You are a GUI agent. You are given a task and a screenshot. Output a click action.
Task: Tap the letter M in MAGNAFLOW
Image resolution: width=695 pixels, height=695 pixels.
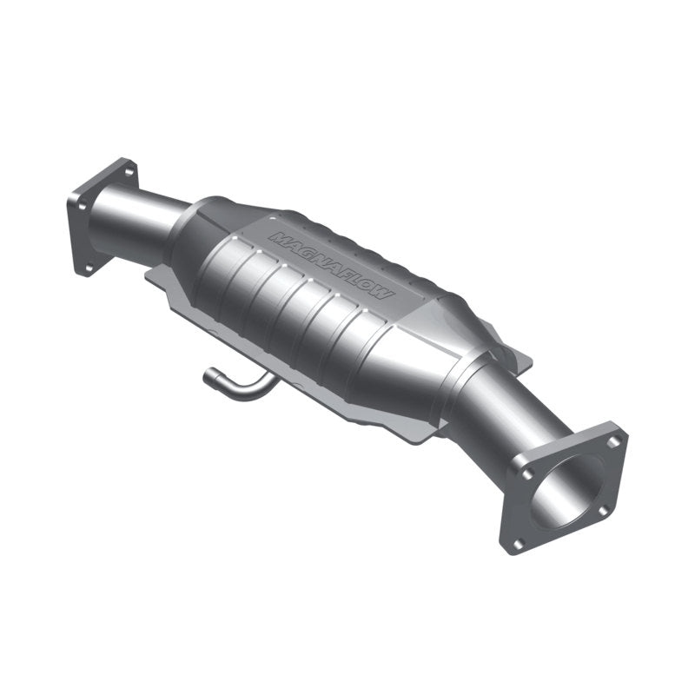[x=276, y=236]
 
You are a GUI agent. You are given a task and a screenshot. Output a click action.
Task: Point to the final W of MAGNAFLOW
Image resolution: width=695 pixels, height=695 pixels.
[x=386, y=294]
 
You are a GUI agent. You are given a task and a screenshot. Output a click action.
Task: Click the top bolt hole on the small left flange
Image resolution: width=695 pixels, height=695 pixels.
[x=129, y=171]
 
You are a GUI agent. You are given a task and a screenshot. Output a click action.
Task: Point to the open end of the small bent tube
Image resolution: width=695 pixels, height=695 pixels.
[x=209, y=376]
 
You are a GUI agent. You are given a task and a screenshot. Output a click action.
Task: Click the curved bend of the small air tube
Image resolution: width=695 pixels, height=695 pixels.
[x=252, y=388]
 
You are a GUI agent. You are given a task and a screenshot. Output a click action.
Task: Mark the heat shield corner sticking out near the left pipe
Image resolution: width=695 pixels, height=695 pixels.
[x=156, y=276]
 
